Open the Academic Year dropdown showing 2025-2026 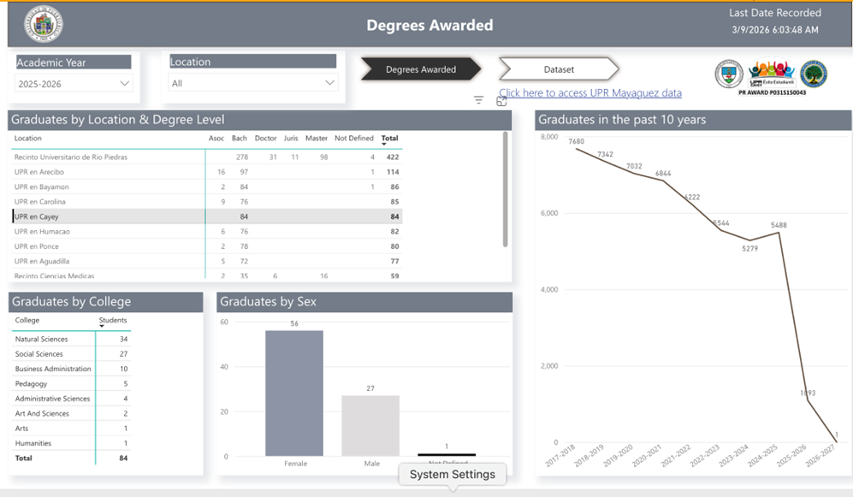(x=74, y=84)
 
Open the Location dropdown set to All (x=253, y=83)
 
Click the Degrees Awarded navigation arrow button (x=420, y=69)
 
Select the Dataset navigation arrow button (x=559, y=69)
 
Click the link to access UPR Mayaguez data (x=589, y=92)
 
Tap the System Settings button (x=452, y=474)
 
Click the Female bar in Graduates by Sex (x=294, y=393)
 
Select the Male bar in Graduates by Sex (x=370, y=425)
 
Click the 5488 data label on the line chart (x=779, y=226)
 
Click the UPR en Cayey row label (x=36, y=216)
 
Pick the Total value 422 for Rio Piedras (x=392, y=157)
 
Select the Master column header (x=317, y=139)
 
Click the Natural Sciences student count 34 (x=123, y=340)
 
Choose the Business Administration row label (x=53, y=370)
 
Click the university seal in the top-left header (x=43, y=24)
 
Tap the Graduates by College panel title (x=71, y=301)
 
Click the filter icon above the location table (x=479, y=101)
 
